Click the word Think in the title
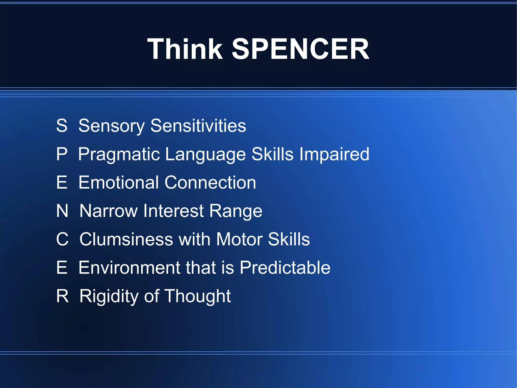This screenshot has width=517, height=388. [x=185, y=49]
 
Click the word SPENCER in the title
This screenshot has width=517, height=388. [x=300, y=49]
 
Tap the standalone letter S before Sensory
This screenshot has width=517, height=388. [x=62, y=126]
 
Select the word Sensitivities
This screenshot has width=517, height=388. [x=198, y=126]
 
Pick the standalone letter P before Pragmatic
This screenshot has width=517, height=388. [x=62, y=154]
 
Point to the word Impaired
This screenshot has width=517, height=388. [x=334, y=154]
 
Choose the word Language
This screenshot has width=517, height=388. [x=205, y=154]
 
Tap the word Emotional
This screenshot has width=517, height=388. [x=119, y=182]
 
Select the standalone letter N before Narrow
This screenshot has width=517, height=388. [x=62, y=211]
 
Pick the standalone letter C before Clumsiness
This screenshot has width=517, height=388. [x=62, y=239]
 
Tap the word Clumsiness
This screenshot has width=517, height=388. [x=126, y=239]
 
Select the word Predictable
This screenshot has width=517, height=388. [x=285, y=267]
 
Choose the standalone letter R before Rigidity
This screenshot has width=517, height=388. [x=62, y=296]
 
